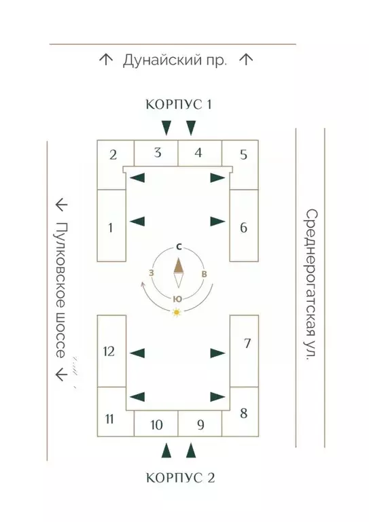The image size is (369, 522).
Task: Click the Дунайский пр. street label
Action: (x=175, y=61)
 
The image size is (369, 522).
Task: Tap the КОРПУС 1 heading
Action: (x=179, y=105)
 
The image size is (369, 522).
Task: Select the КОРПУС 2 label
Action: (x=180, y=478)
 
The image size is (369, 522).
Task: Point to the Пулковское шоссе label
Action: (x=60, y=290)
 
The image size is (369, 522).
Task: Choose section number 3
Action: (x=158, y=152)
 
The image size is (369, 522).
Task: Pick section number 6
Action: (x=243, y=228)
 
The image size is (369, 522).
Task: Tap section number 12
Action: (x=109, y=351)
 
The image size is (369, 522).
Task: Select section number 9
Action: (x=200, y=425)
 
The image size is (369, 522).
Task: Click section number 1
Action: (x=111, y=228)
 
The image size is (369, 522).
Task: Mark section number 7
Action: (x=247, y=343)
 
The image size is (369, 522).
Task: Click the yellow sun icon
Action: (x=177, y=312)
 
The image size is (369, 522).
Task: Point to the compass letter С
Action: (x=179, y=247)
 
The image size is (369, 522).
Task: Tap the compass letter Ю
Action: (x=177, y=299)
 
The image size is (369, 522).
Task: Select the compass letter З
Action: (x=152, y=273)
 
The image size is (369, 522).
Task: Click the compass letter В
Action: (x=205, y=274)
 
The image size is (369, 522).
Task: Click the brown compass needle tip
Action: (x=179, y=258)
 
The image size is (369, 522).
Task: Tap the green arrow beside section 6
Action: (x=218, y=222)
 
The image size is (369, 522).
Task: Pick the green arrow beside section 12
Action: (x=137, y=353)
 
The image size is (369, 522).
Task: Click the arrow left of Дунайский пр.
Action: (x=106, y=60)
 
